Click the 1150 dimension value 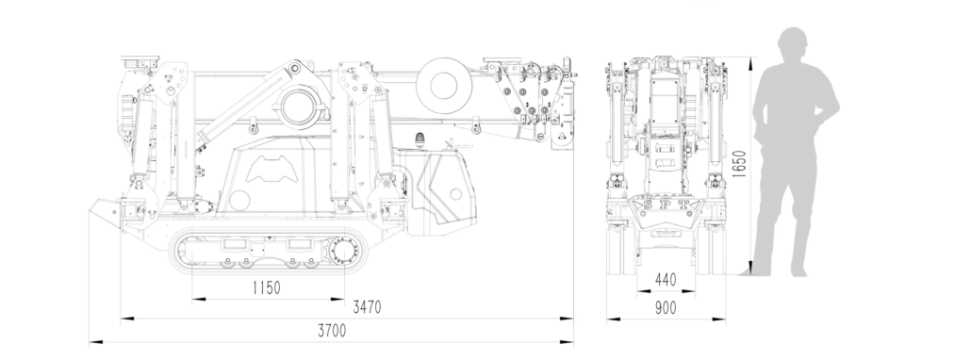[266, 287]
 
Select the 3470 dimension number [367, 307]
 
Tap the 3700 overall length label [332, 331]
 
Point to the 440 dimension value [666, 280]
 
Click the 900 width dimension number [666, 307]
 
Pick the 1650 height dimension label [739, 163]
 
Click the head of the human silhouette [794, 43]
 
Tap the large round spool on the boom [443, 86]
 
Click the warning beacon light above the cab [421, 139]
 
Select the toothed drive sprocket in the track [344, 253]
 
